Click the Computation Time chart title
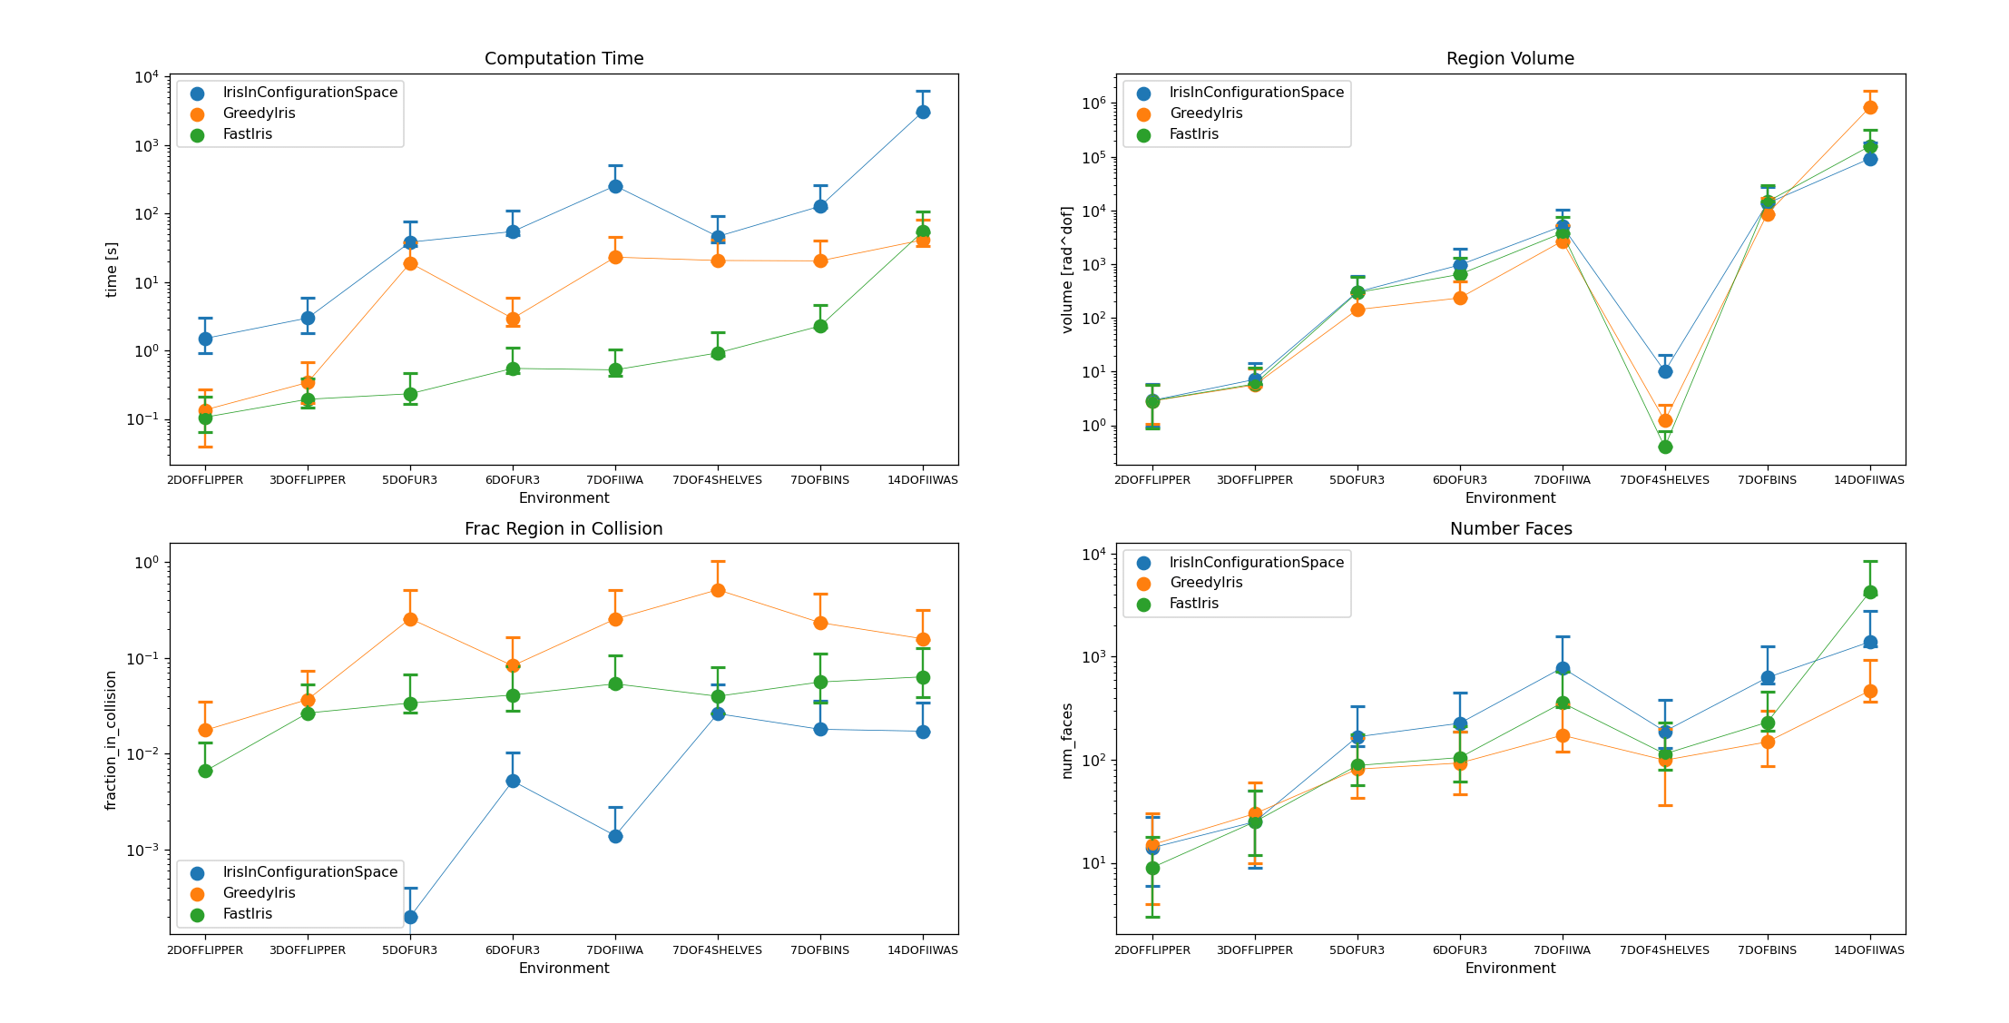pyautogui.click(x=563, y=59)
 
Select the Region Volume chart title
pyautogui.click(x=1510, y=59)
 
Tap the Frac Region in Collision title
pyautogui.click(x=563, y=529)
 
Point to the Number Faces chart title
pyautogui.click(x=1510, y=529)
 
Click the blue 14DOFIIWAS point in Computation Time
pyautogui.click(x=923, y=112)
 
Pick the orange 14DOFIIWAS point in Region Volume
pyautogui.click(x=1870, y=107)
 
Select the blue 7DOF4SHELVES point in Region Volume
pyautogui.click(x=1665, y=371)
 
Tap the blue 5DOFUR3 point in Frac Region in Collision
pyautogui.click(x=410, y=917)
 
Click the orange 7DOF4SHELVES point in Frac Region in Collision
pyautogui.click(x=718, y=590)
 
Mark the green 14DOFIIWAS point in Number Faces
pyautogui.click(x=1870, y=592)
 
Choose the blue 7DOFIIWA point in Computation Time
pyautogui.click(x=615, y=186)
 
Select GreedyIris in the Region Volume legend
pyautogui.click(x=1206, y=113)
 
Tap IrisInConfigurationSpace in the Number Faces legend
pyautogui.click(x=1256, y=563)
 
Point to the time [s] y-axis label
pyautogui.click(x=112, y=270)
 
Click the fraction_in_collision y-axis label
pyautogui.click(x=112, y=740)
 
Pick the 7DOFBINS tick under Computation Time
pyautogui.click(x=820, y=480)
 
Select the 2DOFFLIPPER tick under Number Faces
pyautogui.click(x=1152, y=950)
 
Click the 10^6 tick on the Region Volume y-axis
pyautogui.click(x=1094, y=103)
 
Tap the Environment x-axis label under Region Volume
pyautogui.click(x=1510, y=498)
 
